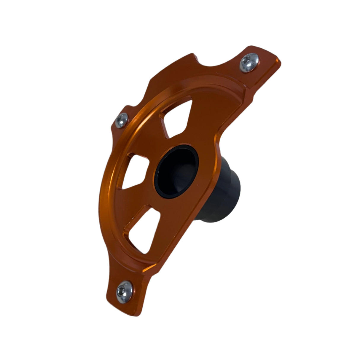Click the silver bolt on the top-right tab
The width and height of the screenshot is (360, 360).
coord(249,63)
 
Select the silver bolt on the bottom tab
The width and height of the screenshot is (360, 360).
coord(124,288)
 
